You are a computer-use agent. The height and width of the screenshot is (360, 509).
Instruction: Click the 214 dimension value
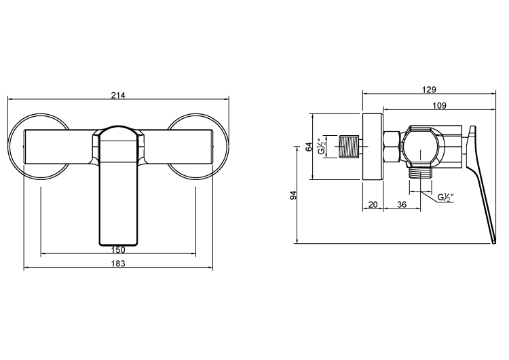coord(118,94)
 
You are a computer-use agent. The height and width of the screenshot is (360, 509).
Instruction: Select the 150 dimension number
coord(118,250)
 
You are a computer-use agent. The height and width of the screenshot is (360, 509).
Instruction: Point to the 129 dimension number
coord(428,89)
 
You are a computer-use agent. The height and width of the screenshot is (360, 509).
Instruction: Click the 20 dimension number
coord(373,204)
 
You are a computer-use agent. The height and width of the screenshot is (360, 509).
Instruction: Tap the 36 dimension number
coord(401,204)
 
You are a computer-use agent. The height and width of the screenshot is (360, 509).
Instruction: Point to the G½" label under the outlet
coord(445,198)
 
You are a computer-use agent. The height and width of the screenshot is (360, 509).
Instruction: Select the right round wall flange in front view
coord(197,145)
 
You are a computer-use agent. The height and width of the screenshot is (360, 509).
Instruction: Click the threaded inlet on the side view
coord(348,147)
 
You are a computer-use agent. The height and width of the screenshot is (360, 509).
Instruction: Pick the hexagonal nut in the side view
coord(392,146)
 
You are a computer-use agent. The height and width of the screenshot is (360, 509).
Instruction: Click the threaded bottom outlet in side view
coord(422,171)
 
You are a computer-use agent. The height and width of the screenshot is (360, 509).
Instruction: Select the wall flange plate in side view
coord(373,146)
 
